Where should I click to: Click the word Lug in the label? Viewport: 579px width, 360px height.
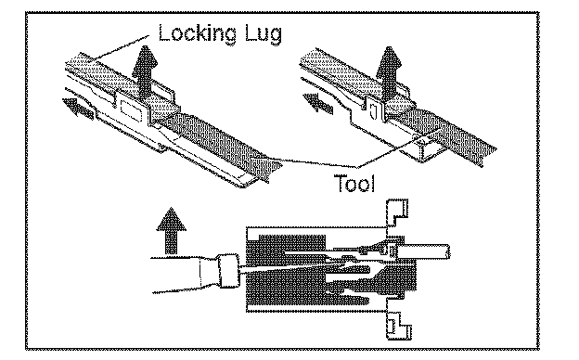click(x=264, y=34)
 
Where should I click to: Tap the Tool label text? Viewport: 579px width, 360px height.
click(x=354, y=183)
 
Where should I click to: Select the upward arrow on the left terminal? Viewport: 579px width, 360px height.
click(x=145, y=71)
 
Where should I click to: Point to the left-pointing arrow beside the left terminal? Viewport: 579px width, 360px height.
click(x=78, y=108)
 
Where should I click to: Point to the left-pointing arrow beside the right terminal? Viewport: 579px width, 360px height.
click(x=318, y=103)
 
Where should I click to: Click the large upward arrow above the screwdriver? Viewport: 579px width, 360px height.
click(x=171, y=231)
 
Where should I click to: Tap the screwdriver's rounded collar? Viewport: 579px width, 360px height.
click(x=228, y=271)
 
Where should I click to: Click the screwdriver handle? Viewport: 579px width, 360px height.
click(x=185, y=275)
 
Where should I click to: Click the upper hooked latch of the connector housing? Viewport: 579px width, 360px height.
click(x=397, y=213)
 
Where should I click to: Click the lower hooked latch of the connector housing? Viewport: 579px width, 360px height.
click(x=399, y=325)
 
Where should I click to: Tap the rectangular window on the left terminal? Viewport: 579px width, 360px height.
click(x=132, y=110)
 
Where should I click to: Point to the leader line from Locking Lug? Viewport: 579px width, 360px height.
click(x=121, y=47)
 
